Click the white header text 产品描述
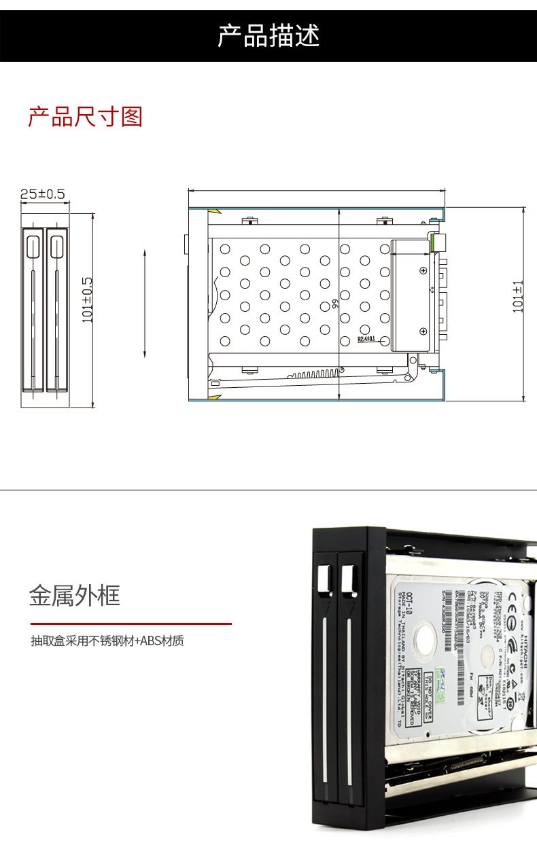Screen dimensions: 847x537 pos(268,36)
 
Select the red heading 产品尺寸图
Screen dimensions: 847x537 pos(85,117)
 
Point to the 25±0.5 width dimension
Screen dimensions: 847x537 pos(42,194)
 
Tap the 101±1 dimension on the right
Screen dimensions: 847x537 pos(519,297)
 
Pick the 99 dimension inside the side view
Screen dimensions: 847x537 pos(335,305)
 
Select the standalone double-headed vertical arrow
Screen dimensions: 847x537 pos(145,303)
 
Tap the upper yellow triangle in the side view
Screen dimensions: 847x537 pos(213,212)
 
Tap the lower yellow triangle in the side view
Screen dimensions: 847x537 pos(213,395)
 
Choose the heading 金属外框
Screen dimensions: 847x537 pos(74,596)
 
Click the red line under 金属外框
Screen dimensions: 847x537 pos(131,623)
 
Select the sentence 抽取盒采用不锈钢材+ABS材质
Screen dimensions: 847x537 pos(107,641)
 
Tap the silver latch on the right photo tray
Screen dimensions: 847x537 pos(349,579)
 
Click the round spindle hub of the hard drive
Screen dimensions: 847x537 pos(487,655)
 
